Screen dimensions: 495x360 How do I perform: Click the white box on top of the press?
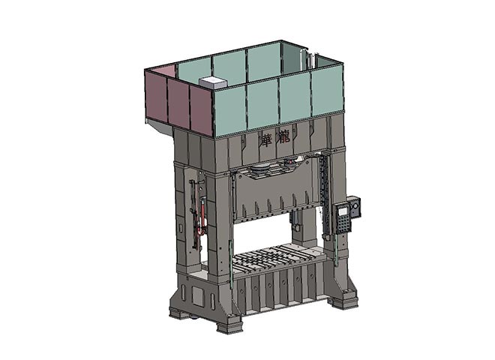213,82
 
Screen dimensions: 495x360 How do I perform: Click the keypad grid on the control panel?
343,224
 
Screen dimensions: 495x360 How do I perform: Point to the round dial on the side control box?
355,206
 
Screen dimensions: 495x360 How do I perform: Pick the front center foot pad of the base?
229,325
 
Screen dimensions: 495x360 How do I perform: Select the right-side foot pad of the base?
344,302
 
